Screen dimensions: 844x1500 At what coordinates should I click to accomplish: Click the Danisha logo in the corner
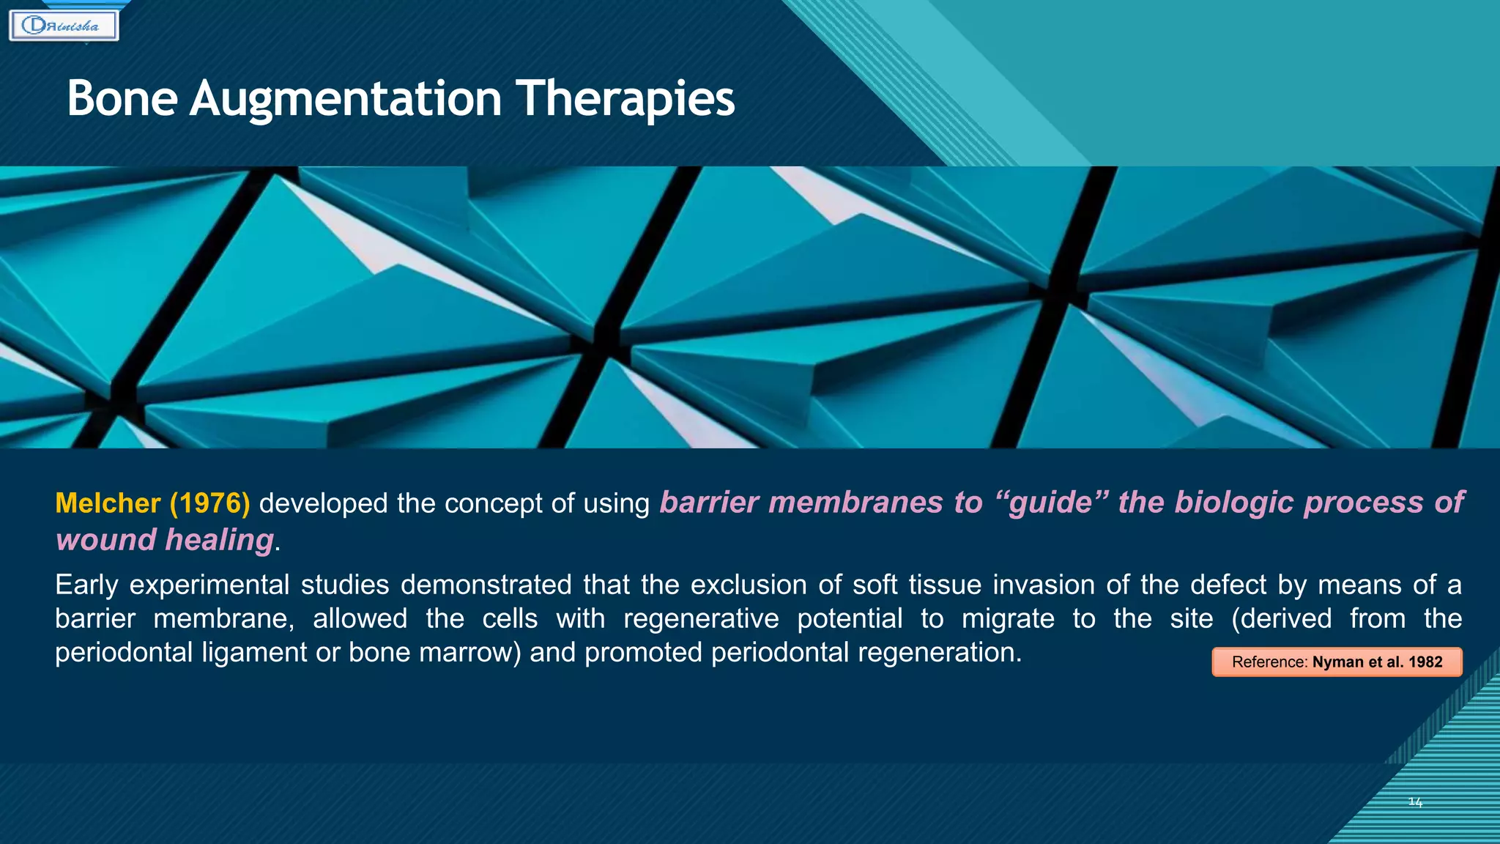[64, 26]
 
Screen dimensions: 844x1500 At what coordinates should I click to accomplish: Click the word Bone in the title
[122, 99]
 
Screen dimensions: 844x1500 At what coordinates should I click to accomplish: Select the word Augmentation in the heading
[345, 99]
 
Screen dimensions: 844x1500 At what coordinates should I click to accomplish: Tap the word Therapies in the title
[625, 99]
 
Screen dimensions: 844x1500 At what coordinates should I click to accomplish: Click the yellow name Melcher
[108, 503]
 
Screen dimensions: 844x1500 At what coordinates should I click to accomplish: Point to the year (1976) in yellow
[210, 503]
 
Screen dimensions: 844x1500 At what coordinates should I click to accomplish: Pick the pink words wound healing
[165, 540]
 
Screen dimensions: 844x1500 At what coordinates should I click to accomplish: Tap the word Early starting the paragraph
[86, 585]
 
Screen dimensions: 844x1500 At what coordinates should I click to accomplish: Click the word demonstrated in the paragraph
[486, 585]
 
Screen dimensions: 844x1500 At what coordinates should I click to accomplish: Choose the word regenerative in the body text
[701, 618]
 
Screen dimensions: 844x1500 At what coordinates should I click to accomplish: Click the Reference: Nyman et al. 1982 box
[1337, 662]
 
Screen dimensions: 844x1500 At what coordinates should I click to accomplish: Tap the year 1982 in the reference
[1425, 662]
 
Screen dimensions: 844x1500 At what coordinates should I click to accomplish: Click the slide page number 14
[1415, 802]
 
